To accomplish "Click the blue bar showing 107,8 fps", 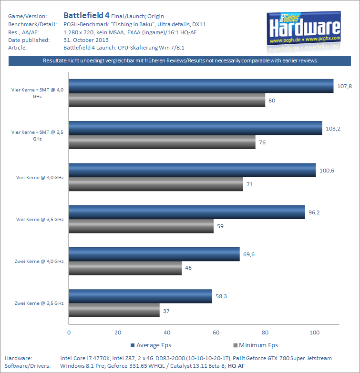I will [201, 86].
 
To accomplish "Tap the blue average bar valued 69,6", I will [154, 254].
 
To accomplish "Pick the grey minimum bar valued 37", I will [114, 311].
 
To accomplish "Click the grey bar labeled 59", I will [141, 226].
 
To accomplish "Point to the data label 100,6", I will [327, 171].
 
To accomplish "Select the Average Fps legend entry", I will [152, 345].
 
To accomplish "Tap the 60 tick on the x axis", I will [216, 332].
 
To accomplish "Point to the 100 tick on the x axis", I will [314, 332].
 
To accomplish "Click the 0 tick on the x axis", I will [69, 332].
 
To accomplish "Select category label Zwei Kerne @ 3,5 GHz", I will [39, 303].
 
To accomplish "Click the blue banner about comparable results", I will [180, 61].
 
